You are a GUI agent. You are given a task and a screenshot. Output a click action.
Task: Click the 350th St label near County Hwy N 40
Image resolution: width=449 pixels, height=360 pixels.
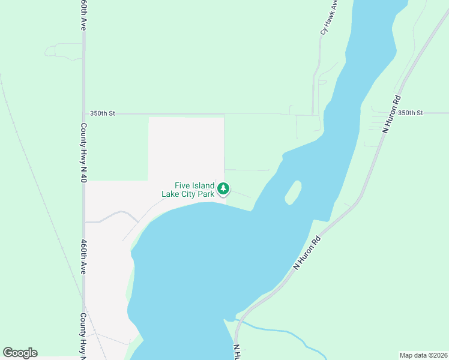[x=102, y=113]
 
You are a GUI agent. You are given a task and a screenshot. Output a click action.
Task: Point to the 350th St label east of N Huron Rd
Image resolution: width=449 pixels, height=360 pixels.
[x=411, y=113]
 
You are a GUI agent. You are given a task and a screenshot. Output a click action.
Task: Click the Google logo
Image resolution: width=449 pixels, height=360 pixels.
[x=20, y=353]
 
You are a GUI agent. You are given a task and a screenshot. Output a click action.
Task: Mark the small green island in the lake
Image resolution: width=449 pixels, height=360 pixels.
[x=293, y=192]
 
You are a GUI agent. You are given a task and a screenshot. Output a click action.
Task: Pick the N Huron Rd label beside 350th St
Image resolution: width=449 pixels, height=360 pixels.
[x=391, y=113]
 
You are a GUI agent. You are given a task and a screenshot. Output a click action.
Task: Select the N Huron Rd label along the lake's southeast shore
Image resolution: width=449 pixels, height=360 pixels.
[x=307, y=252]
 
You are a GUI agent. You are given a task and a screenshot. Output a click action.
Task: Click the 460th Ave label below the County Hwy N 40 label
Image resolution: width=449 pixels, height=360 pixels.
[x=84, y=257]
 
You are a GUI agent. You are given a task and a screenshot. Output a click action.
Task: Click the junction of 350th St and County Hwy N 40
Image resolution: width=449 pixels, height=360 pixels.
[x=84, y=113]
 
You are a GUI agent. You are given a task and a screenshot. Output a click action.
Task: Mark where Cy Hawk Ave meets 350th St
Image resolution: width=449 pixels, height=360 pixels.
[x=313, y=114]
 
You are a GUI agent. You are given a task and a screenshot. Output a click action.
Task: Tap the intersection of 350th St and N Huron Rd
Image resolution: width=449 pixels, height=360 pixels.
[x=387, y=113]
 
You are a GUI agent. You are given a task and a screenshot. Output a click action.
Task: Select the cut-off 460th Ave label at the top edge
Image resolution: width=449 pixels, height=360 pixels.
[x=84, y=16]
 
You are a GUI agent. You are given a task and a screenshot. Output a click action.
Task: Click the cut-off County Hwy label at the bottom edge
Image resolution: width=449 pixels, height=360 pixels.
[x=84, y=336]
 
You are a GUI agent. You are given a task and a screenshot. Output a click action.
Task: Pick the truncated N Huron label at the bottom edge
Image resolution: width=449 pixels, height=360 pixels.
[x=237, y=352]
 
